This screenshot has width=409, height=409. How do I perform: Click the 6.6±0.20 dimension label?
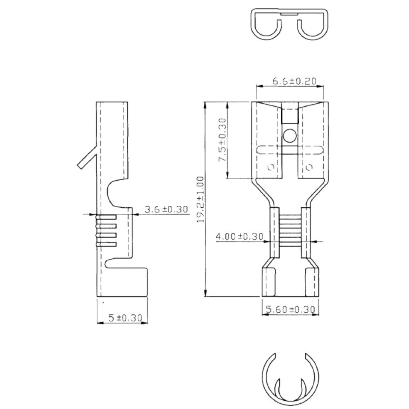[294, 81]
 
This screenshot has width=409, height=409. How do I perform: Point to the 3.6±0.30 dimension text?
[166, 209]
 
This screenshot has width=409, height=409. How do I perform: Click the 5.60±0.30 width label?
[290, 309]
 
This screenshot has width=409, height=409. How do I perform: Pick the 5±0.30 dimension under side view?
[125, 318]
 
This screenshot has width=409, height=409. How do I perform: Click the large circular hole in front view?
[290, 137]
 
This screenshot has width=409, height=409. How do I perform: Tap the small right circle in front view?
[309, 167]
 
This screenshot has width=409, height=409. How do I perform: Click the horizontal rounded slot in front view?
[290, 151]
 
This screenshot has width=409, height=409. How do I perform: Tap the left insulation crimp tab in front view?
[269, 282]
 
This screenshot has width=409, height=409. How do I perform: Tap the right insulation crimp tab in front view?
[312, 282]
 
